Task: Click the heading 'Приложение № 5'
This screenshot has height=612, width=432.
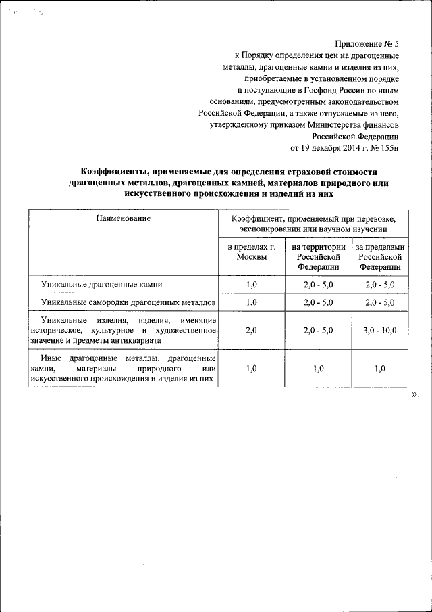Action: (366, 42)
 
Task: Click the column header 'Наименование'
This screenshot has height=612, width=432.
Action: (123, 218)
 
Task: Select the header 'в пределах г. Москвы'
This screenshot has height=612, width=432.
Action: (251, 252)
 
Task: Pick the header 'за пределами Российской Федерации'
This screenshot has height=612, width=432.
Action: (379, 257)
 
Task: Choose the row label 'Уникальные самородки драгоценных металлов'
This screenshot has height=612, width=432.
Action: (128, 302)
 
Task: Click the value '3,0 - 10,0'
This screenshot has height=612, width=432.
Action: (379, 330)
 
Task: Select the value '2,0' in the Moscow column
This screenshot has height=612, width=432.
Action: (251, 330)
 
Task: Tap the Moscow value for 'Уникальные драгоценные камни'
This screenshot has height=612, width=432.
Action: (251, 285)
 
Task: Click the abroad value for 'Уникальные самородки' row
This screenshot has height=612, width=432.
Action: (379, 302)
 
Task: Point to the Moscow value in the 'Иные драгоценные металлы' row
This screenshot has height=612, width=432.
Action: (251, 369)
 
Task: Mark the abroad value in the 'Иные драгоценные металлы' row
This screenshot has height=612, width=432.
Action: (379, 369)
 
